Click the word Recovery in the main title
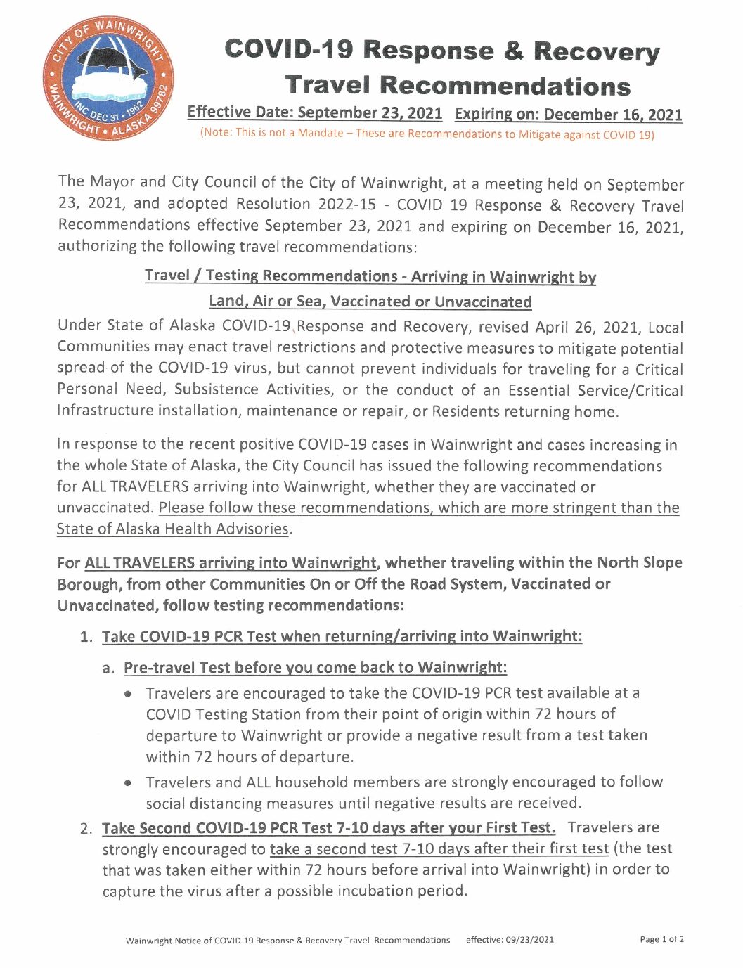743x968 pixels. click(596, 51)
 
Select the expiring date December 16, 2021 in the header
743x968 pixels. click(612, 115)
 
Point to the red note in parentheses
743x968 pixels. click(427, 134)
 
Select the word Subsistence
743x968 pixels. click(217, 389)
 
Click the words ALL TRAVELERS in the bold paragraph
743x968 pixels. click(139, 563)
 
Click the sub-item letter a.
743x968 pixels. click(108, 668)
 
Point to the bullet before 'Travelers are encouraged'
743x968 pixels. click(128, 694)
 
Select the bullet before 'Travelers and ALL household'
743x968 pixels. click(128, 783)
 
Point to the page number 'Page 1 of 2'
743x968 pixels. click(661, 939)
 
